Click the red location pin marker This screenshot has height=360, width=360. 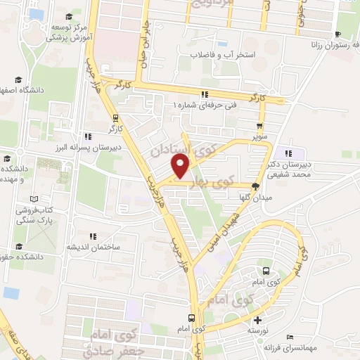(x=181, y=167)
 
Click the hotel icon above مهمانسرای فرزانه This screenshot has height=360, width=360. (x=290, y=337)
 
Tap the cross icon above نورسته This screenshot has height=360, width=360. (x=257, y=320)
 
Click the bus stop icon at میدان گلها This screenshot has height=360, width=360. (x=255, y=187)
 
